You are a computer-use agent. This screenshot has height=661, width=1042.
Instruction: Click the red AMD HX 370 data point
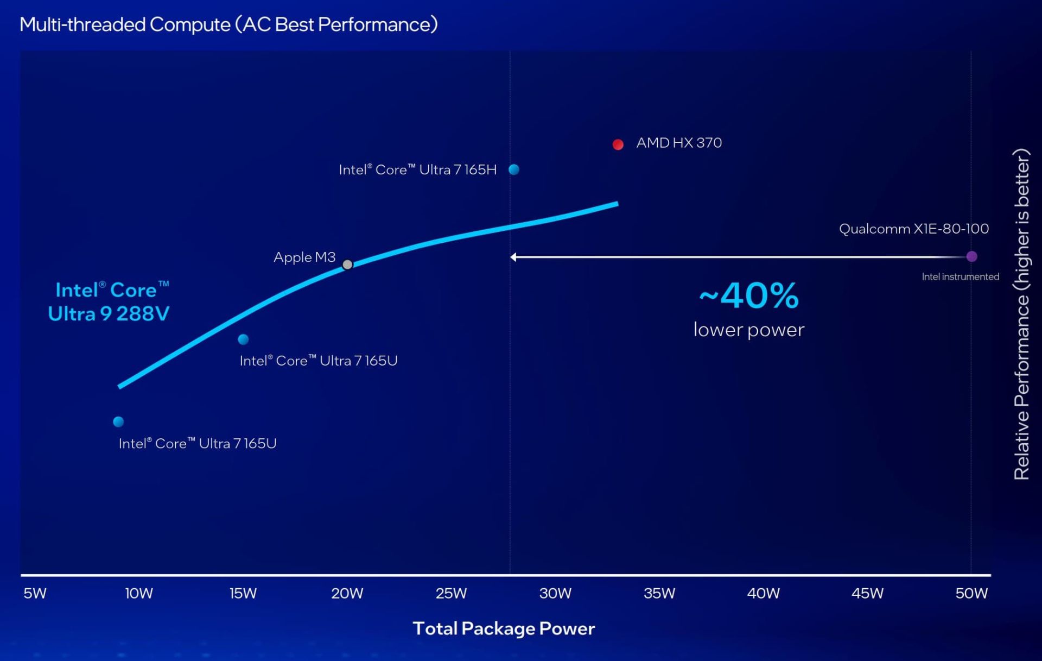click(x=618, y=144)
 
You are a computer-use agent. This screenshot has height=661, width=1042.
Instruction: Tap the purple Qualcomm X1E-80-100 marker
click(x=971, y=256)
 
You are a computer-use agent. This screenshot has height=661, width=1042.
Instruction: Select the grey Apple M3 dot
click(x=347, y=265)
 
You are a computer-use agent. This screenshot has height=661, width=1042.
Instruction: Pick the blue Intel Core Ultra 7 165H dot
click(x=514, y=169)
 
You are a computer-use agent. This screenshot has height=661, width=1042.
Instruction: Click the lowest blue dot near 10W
click(x=118, y=421)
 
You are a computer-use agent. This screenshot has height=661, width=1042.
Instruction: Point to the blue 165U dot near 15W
click(x=243, y=339)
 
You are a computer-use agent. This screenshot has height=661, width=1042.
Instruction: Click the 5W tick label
click(x=35, y=593)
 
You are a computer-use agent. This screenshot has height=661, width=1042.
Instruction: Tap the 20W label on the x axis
click(x=347, y=593)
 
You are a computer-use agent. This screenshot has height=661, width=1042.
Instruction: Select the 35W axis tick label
click(x=659, y=593)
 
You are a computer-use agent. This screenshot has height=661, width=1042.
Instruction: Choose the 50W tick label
click(x=971, y=593)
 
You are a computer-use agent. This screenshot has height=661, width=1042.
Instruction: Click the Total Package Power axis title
click(x=504, y=628)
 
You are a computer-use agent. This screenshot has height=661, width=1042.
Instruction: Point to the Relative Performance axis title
click(x=1021, y=314)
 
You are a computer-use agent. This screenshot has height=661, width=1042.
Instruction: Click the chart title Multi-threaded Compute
click(x=228, y=24)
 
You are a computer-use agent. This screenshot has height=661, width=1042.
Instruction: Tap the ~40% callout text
click(x=749, y=296)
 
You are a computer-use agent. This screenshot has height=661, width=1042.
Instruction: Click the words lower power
click(x=749, y=330)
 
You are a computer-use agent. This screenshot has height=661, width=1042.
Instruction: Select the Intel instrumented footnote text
click(x=960, y=277)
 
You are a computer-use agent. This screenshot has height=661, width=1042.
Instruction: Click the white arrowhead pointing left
click(x=513, y=257)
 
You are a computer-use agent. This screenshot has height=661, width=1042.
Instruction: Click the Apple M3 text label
click(x=304, y=257)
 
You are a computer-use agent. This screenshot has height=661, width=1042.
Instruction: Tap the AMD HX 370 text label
click(x=679, y=143)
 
